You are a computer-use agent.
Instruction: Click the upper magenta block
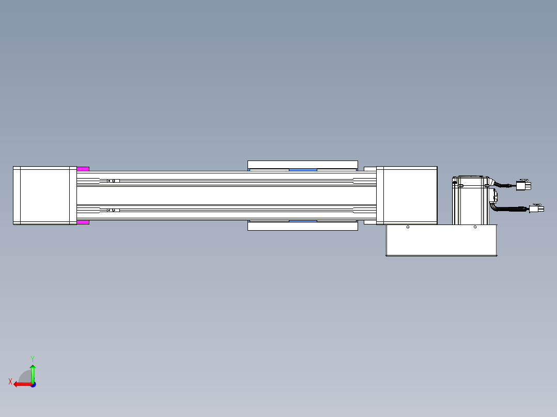83,169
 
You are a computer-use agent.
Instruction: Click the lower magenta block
83,222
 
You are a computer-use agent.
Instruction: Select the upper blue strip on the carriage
303,170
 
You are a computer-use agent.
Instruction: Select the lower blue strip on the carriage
303,221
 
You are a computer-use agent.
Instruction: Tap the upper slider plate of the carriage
303,165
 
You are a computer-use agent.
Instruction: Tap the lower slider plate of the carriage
303,226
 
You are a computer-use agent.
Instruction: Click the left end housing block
45,196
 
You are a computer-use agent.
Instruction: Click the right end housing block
407,196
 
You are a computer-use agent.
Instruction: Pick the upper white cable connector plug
523,185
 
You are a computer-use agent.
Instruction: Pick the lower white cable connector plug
536,208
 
